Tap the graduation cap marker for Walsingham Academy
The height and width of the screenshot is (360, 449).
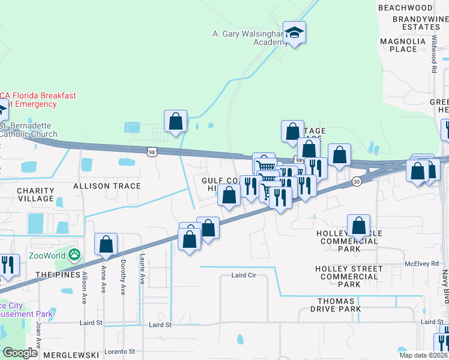(295, 32)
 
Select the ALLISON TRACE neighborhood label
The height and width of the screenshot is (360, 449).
(107, 186)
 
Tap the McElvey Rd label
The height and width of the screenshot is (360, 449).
(421, 263)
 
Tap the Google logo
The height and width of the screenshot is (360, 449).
(20, 353)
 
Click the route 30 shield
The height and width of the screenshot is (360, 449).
(357, 181)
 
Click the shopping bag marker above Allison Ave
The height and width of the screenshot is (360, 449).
(106, 244)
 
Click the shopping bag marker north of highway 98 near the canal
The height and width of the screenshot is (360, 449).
(175, 121)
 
